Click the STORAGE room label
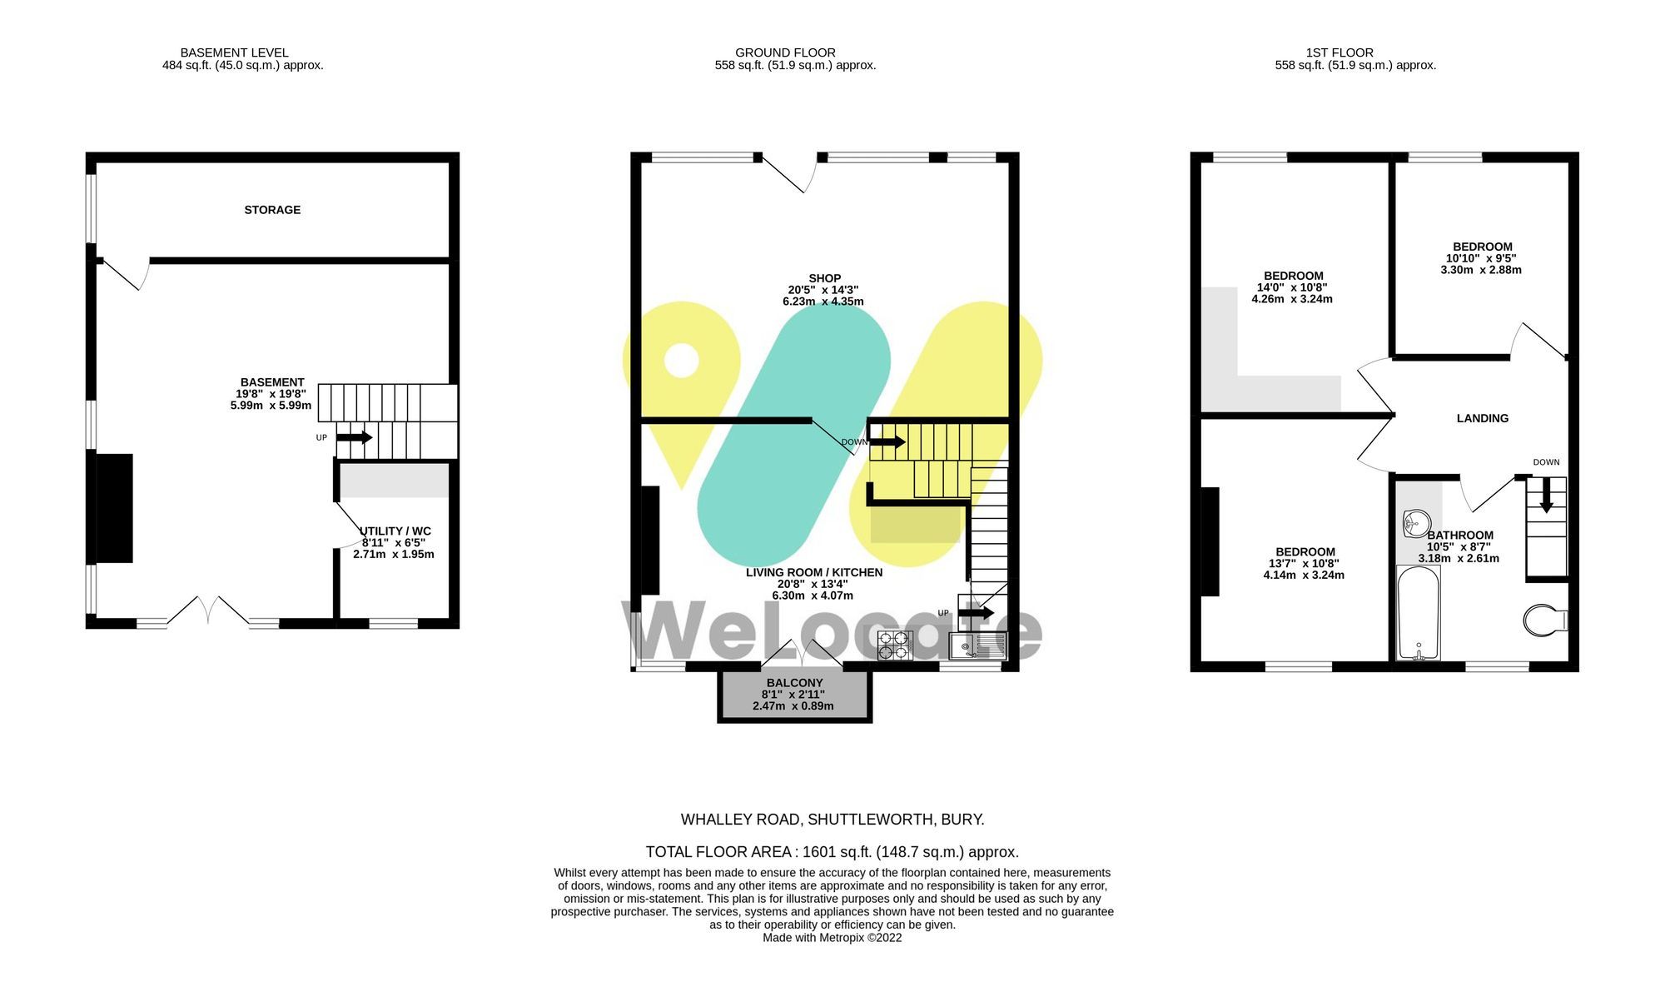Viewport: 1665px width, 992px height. click(x=272, y=210)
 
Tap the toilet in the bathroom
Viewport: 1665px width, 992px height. click(x=1544, y=621)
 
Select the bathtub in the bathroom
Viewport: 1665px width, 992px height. click(x=1419, y=613)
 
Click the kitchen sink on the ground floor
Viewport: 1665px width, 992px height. click(x=977, y=646)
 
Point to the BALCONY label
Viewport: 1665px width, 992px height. click(x=794, y=683)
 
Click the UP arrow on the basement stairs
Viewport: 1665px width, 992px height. click(x=355, y=437)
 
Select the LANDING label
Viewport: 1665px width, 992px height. click(x=1482, y=418)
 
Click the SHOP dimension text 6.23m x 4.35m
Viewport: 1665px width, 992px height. click(x=823, y=302)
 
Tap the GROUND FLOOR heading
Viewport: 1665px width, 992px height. click(x=785, y=52)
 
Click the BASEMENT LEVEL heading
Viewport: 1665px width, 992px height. click(x=235, y=52)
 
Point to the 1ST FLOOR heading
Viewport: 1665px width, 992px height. click(x=1339, y=52)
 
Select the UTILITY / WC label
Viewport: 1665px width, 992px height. click(x=395, y=531)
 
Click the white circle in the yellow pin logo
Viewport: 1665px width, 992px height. click(x=681, y=361)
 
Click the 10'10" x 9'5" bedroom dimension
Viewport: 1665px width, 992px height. click(x=1481, y=258)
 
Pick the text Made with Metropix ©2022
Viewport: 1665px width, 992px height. click(x=832, y=938)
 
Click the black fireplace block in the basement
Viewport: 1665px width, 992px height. click(x=114, y=508)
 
